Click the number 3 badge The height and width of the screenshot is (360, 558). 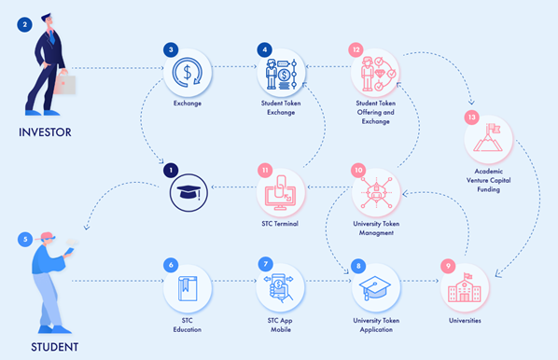171,49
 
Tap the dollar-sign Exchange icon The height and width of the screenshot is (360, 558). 188,73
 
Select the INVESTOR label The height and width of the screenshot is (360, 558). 45,132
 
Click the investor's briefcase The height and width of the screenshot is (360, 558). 64,84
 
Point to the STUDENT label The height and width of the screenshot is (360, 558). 54,347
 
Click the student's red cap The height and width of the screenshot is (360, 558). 48,236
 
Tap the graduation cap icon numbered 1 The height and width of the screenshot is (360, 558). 188,193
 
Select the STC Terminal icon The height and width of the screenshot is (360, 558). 281,192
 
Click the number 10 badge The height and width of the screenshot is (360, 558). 358,171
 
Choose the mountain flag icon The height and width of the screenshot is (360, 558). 488,139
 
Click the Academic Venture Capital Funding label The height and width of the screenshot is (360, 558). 489,180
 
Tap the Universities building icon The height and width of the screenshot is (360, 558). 465,287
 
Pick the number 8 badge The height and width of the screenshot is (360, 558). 358,266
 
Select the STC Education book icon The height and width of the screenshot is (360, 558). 188,288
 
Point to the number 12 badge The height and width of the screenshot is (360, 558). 356,49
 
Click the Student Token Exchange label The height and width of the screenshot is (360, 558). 281,108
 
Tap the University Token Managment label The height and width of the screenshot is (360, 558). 376,228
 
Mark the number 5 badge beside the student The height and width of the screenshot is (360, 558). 25,240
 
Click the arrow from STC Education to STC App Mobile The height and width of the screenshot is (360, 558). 234,281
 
